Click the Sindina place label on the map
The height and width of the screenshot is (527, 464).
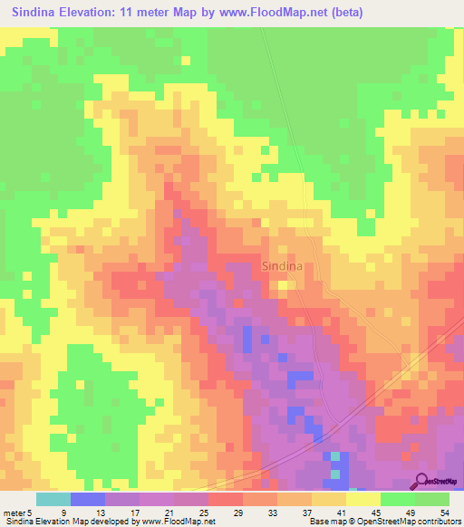click(x=282, y=266)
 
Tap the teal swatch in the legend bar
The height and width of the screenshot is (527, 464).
click(x=53, y=498)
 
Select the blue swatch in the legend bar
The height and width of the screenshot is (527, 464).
click(x=87, y=498)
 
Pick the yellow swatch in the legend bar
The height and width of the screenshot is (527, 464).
click(x=362, y=498)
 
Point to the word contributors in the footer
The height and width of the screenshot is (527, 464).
click(x=437, y=522)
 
